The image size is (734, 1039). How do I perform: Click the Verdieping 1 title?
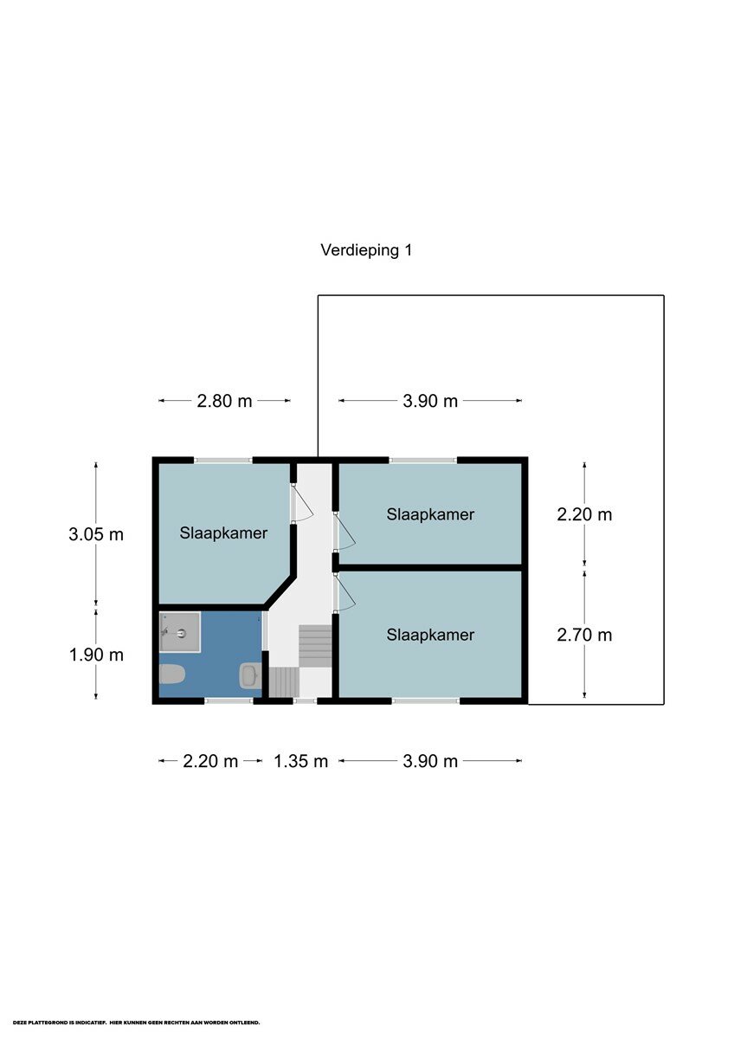pos(366,250)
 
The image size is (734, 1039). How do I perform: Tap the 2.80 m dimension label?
pos(224,401)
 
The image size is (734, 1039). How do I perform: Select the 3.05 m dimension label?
pos(96,535)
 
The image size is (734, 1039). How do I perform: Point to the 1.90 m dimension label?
pos(96,655)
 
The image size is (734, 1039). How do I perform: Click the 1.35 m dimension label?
pos(301,761)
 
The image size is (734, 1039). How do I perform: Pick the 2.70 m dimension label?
pos(584,635)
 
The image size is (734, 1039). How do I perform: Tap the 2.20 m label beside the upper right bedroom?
pos(584,514)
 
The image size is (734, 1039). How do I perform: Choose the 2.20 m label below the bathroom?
pos(210,761)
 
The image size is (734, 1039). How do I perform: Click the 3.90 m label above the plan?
pos(430,401)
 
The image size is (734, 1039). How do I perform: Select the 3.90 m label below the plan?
pos(430,761)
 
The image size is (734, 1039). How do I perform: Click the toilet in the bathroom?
pos(172,674)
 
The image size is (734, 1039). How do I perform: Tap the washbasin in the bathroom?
pos(249,675)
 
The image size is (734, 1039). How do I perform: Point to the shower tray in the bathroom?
pos(180,632)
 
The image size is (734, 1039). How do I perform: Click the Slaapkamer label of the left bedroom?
pos(223,533)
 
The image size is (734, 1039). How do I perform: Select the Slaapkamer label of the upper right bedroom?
pos(430,514)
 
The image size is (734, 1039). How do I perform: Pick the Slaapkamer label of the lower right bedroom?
pos(430,635)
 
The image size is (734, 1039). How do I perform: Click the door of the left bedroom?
pos(303,503)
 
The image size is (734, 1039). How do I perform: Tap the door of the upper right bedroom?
pos(345,532)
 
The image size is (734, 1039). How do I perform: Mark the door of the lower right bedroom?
pos(345,593)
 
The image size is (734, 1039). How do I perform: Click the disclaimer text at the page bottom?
pos(136,1022)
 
